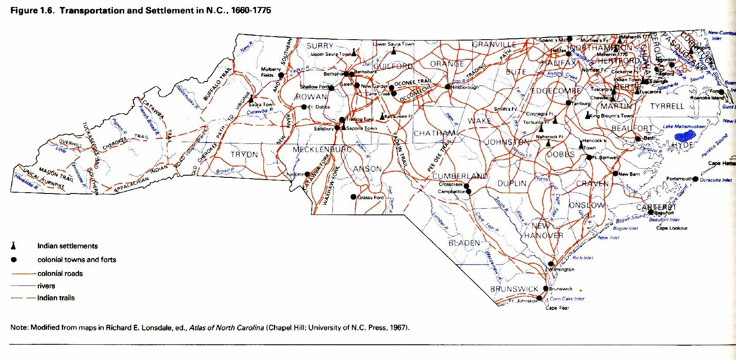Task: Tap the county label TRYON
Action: (244, 155)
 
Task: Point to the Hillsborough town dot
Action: (447, 87)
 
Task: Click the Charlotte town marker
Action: (307, 174)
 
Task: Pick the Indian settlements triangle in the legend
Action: (14, 245)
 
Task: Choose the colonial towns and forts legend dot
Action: (14, 260)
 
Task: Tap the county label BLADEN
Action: (464, 243)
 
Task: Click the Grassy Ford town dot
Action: (354, 197)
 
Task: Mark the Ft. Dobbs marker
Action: (304, 107)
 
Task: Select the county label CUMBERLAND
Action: (460, 176)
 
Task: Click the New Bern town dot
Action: (615, 174)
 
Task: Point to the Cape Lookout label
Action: (671, 228)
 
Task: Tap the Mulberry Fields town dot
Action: (281, 75)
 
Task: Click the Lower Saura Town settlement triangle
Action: (393, 51)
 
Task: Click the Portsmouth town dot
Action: (695, 179)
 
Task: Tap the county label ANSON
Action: (367, 169)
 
